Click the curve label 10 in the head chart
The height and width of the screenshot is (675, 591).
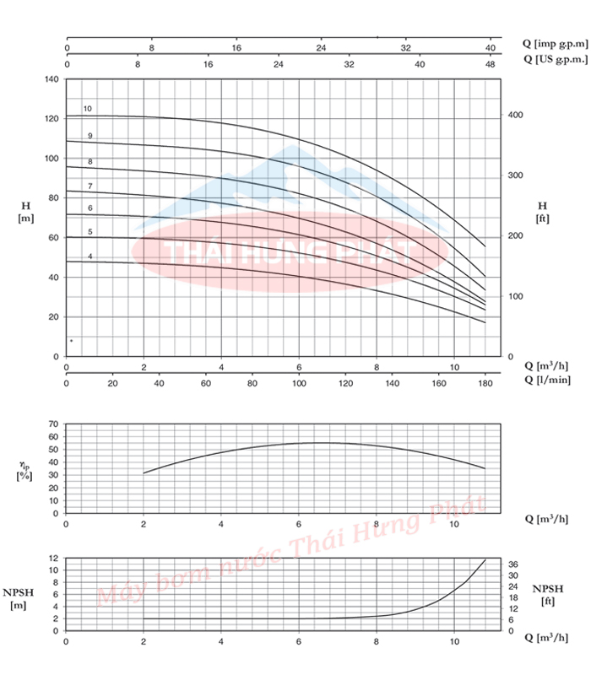tap(87, 109)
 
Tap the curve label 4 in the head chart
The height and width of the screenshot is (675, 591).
tap(89, 256)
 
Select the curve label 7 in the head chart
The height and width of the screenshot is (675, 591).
tap(89, 186)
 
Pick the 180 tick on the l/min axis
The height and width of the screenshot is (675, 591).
tap(485, 384)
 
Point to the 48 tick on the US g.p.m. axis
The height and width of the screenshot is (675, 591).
tap(487, 63)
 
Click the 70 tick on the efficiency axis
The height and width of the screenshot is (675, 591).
tap(54, 424)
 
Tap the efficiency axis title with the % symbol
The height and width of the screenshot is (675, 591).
tap(24, 470)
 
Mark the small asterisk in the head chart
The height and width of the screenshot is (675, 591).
tap(72, 342)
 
